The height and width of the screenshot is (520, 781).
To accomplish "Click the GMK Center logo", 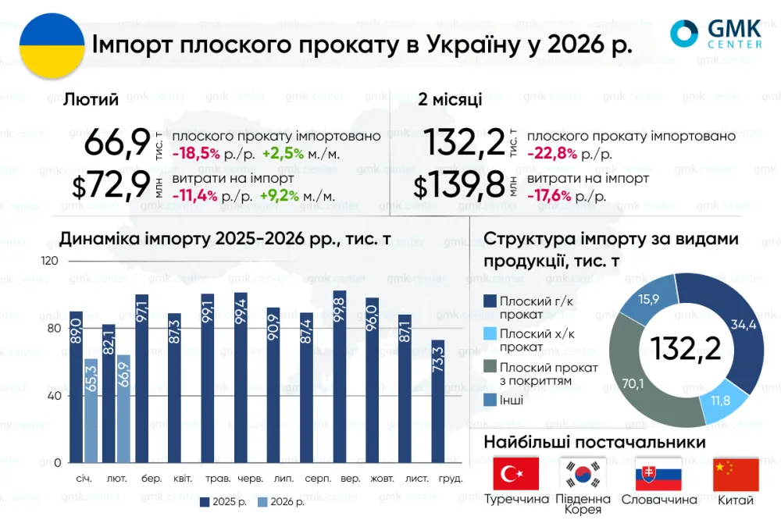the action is coord(715,34).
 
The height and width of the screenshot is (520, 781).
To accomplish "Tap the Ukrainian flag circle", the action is coord(52,45).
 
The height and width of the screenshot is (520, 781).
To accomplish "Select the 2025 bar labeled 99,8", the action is coord(339,376).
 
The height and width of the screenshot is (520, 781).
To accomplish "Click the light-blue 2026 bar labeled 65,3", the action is coord(91,411).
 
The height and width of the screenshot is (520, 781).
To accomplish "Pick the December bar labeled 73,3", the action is coord(438,401).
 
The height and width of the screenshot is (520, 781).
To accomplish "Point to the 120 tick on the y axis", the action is coord(49,261).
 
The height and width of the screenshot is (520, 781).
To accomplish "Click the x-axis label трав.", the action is coord(218,479).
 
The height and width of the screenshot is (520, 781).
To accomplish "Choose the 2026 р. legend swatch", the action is coord(262,502).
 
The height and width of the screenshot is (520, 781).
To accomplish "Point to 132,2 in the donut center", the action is coord(686,348).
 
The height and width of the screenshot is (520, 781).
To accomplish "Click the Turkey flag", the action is coord(516,474).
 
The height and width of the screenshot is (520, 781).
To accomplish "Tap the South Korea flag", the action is coord(583,474).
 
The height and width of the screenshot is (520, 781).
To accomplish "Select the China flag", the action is coord(736,475).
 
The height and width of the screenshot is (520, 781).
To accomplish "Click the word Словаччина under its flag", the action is coord(659,500).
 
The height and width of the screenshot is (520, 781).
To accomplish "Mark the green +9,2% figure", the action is coord(280,196).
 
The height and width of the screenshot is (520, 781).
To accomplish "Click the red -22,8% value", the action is coord(552,153).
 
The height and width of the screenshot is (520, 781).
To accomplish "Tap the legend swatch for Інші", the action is coord(490,400).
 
